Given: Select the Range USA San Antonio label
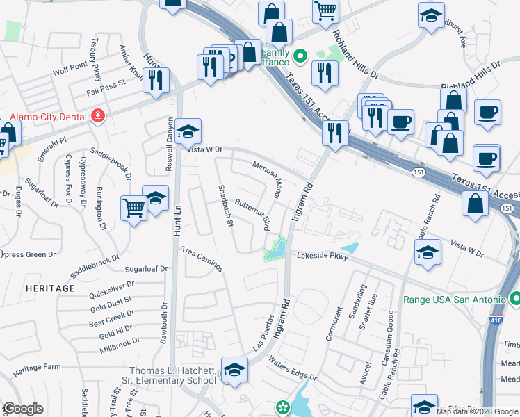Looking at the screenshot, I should [455, 300].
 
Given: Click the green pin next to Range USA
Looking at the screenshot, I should [515, 300].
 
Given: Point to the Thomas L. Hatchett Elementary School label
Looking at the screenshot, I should [172, 375].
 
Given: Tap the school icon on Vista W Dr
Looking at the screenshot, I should [188, 131].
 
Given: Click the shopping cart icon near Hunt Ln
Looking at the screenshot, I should [133, 208].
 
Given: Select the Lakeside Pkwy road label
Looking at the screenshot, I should [322, 255].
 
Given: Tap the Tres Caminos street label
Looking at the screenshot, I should [202, 259].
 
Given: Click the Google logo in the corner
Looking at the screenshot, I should [23, 409].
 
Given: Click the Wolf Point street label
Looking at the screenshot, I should [70, 70].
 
